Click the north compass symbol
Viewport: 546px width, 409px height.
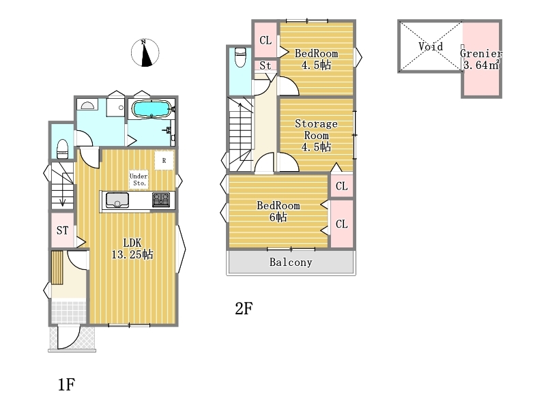point(145,52)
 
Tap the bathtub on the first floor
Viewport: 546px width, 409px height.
point(152,109)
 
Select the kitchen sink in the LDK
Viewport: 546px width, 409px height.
point(117,200)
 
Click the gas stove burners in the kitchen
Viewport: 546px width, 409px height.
point(161,200)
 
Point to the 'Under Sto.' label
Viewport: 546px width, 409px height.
point(139,179)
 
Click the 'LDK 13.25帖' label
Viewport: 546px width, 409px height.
point(132,249)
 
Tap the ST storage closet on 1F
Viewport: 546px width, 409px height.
point(63,230)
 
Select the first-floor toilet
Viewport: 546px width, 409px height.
point(62,149)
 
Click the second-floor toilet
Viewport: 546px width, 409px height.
point(240,57)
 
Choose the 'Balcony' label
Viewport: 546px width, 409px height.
point(291,262)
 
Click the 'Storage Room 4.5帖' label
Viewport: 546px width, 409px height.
point(316,135)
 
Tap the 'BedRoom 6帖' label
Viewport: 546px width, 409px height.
point(278,211)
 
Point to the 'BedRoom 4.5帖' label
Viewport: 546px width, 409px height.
point(316,59)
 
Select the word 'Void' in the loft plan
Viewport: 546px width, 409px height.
point(431,46)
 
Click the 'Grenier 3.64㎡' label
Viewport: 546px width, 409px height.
point(481,59)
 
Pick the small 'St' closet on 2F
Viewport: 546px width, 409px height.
point(265,65)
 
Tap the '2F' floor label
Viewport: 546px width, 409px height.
point(244,309)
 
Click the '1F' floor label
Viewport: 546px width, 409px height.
point(66,384)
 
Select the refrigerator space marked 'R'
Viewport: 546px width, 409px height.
point(164,160)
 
